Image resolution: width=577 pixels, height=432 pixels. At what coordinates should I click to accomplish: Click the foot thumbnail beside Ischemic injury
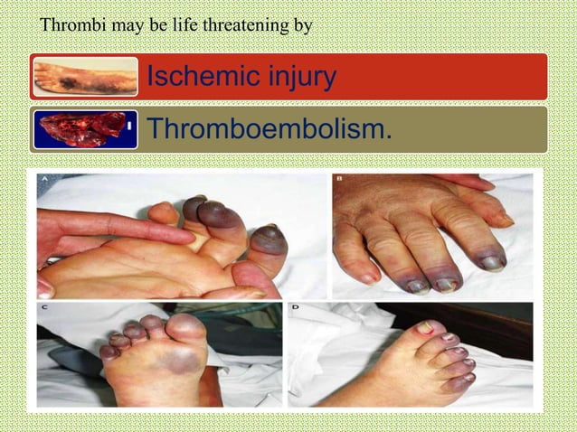(x=85, y=77)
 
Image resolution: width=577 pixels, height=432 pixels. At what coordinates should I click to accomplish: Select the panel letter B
(x=339, y=180)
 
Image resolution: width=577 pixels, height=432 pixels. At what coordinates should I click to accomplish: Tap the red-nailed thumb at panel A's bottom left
(x=45, y=287)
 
